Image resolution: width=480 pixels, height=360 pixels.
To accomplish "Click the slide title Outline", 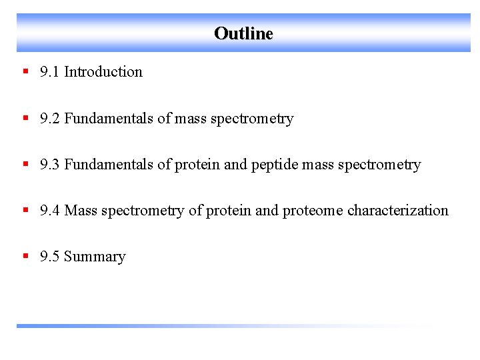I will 243,33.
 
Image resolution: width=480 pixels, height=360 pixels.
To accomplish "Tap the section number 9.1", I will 49,72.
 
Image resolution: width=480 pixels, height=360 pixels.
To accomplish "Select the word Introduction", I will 103,72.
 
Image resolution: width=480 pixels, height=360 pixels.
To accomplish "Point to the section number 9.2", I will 49,119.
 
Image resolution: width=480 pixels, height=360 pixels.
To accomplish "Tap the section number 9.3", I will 49,165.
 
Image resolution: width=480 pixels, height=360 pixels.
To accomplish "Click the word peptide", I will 275,165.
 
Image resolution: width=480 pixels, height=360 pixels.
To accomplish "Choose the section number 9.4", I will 49,211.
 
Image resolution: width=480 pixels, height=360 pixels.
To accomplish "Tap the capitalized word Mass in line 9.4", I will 81,211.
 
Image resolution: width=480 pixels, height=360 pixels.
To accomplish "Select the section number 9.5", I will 49,257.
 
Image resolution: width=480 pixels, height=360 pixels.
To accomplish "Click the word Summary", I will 95,257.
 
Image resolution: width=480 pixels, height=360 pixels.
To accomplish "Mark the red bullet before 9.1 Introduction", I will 25,71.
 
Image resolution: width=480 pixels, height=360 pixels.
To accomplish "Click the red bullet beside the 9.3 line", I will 25,164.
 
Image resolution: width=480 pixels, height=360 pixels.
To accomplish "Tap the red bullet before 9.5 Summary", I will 25,256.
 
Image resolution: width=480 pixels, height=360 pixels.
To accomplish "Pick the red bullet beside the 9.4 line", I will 25,210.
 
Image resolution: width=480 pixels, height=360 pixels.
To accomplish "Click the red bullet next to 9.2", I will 25,118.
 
